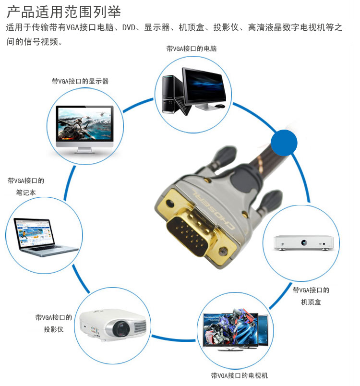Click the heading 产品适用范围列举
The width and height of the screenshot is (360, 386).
tap(64, 12)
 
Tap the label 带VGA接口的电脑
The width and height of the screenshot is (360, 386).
tap(192, 49)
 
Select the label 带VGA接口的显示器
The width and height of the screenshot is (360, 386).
tap(80, 81)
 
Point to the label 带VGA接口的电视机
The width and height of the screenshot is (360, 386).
tap(240, 375)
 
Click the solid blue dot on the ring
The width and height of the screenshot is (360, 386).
tap(284, 143)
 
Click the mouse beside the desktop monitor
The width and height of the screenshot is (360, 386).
tap(219, 106)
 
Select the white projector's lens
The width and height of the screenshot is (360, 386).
tap(121, 328)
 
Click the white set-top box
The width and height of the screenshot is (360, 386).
tap(304, 243)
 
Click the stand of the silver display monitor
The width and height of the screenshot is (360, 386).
tap(85, 150)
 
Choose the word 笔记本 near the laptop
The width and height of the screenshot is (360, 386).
tap(26, 193)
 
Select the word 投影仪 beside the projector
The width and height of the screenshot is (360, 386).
tap(54, 329)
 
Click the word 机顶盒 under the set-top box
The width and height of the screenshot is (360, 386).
tap(311, 302)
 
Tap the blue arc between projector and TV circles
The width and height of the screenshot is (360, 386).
tap(173, 339)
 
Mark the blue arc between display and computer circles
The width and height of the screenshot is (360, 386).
tap(137, 105)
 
